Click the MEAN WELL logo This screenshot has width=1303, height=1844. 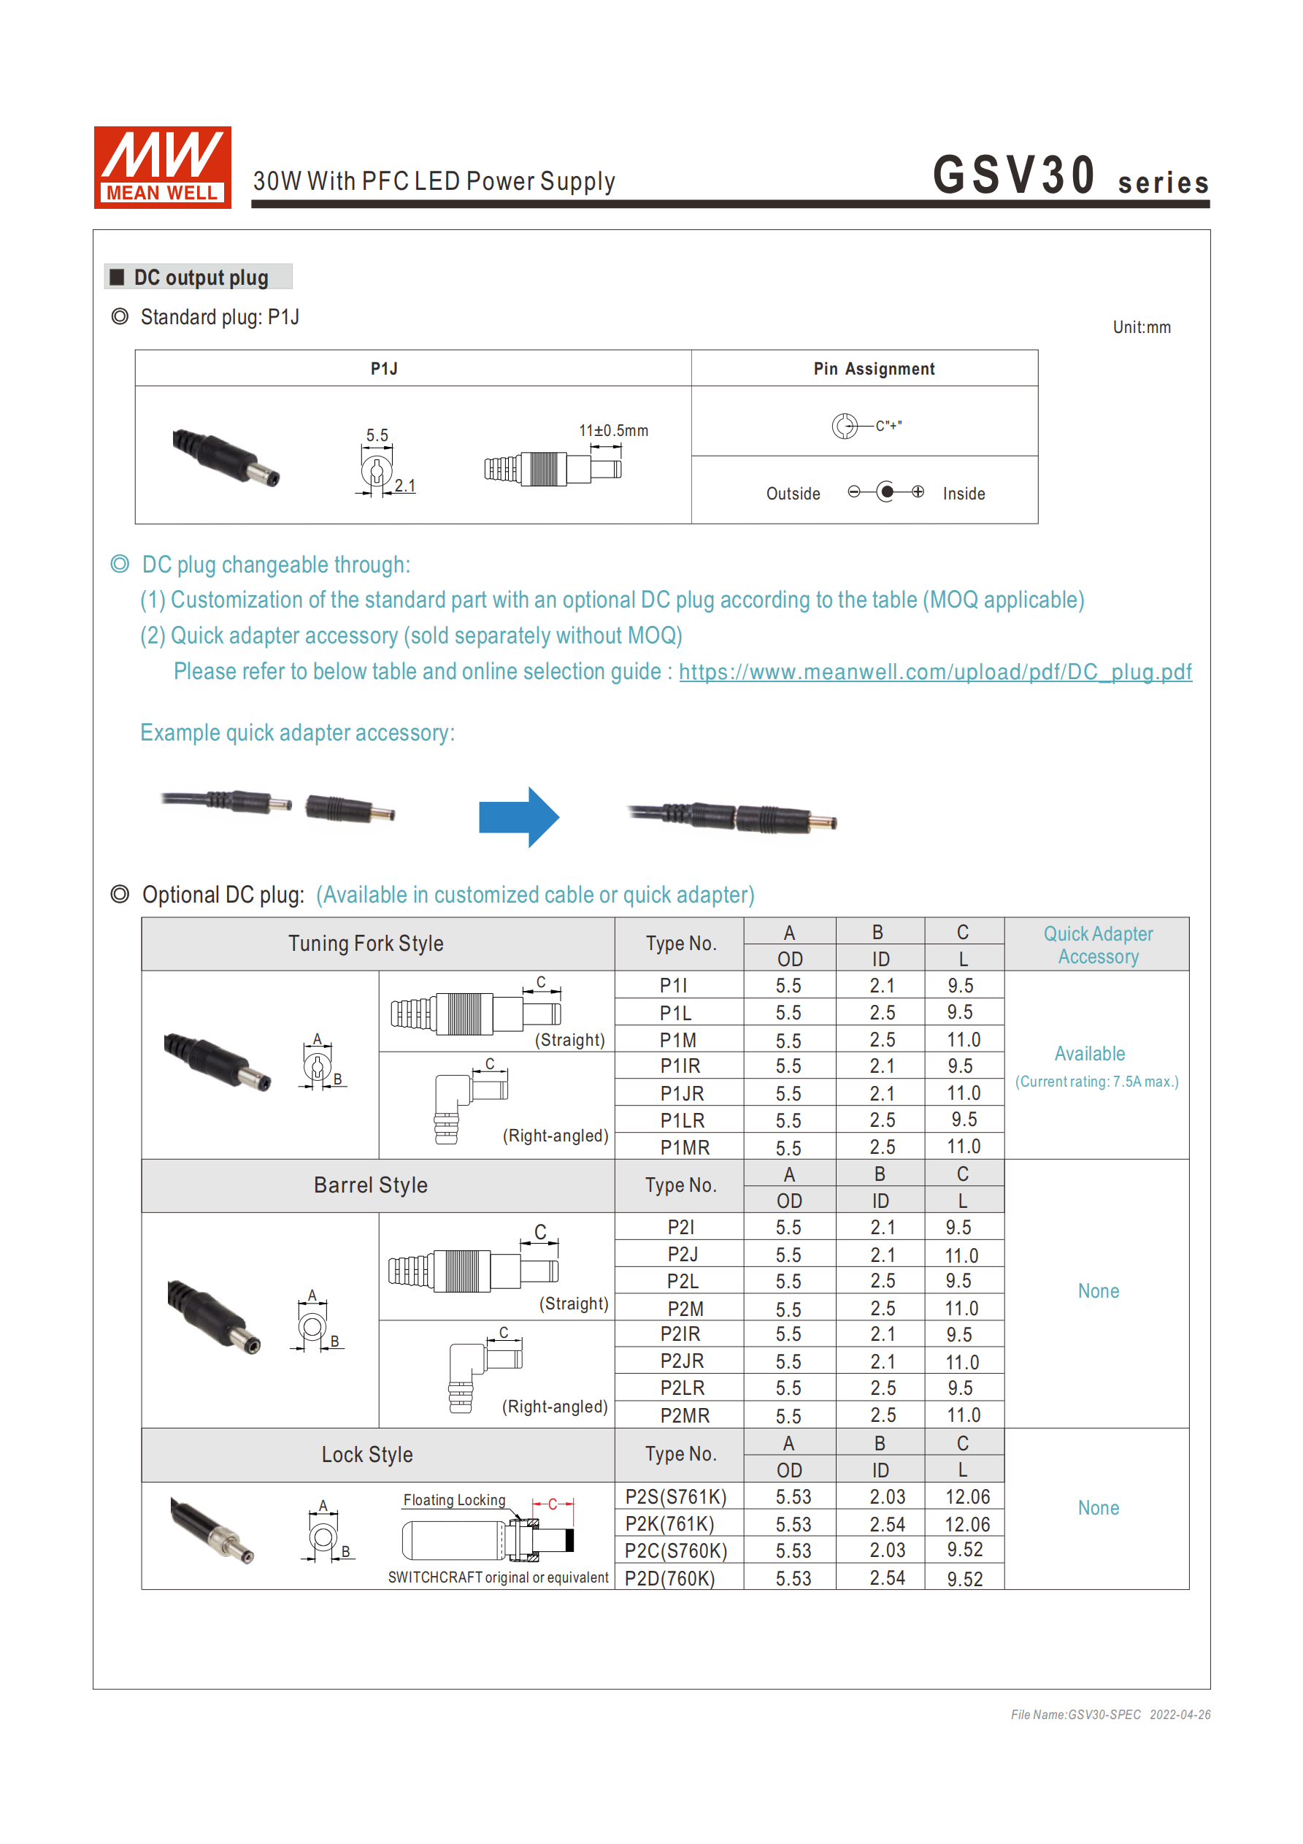pos(162,167)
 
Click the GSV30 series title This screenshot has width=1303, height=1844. pos(1069,176)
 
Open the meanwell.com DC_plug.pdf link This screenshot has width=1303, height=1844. pos(934,671)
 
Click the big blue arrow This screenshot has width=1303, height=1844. pos(518,816)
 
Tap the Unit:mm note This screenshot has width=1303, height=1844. pos(1141,328)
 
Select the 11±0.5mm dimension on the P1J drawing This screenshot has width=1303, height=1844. pos(613,430)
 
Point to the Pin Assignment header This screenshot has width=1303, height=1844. pos(874,369)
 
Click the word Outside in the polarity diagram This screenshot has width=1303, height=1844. pos(793,494)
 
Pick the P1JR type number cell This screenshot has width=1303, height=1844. pos(682,1093)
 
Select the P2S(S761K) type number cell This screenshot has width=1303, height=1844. pos(675,1497)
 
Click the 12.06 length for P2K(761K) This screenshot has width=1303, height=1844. pos(966,1524)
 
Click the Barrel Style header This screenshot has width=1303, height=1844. pos(370,1185)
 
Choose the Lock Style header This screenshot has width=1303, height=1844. pos(367,1455)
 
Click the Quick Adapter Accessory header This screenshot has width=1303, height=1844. pos(1097,944)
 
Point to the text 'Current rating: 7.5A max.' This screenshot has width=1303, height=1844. pos(1096,1082)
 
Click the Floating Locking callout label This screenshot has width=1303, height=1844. pos(453,1500)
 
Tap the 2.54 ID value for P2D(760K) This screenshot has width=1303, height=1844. pos(886,1578)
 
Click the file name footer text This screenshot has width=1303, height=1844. pos(1110,1715)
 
